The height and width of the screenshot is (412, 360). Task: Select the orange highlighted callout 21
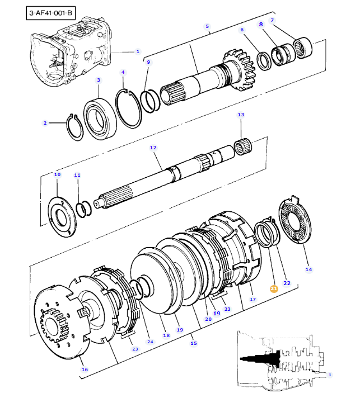[x=274, y=288]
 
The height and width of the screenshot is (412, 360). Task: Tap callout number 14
[x=308, y=269]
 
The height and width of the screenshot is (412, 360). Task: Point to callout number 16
[x=85, y=369]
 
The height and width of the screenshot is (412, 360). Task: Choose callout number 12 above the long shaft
[x=152, y=148]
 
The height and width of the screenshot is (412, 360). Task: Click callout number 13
[x=241, y=115]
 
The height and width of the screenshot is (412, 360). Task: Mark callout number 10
[x=57, y=175]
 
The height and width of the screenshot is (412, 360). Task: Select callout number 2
[x=45, y=123]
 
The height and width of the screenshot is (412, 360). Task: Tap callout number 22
[x=287, y=283]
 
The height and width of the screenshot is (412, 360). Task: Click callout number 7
[x=272, y=20]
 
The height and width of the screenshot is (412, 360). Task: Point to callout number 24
[x=149, y=342]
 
